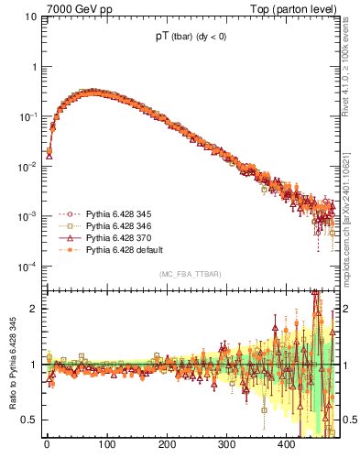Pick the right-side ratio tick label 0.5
point(349,420)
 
